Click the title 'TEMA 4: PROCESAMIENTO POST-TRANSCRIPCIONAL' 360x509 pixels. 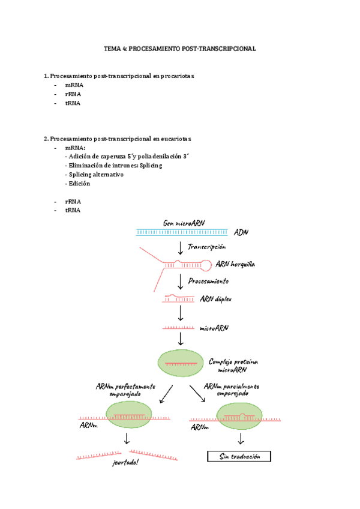pyautogui.click(x=180, y=49)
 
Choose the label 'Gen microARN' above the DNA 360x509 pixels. pyautogui.click(x=184, y=223)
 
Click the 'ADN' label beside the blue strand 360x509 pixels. pyautogui.click(x=241, y=232)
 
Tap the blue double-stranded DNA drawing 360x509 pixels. pyautogui.click(x=181, y=232)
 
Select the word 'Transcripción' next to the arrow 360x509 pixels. pyautogui.click(x=207, y=247)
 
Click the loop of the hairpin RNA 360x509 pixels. pyautogui.click(x=205, y=264)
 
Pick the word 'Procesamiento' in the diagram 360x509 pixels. pyautogui.click(x=208, y=281)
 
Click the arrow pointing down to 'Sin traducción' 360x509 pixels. pyautogui.click(x=241, y=438)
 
